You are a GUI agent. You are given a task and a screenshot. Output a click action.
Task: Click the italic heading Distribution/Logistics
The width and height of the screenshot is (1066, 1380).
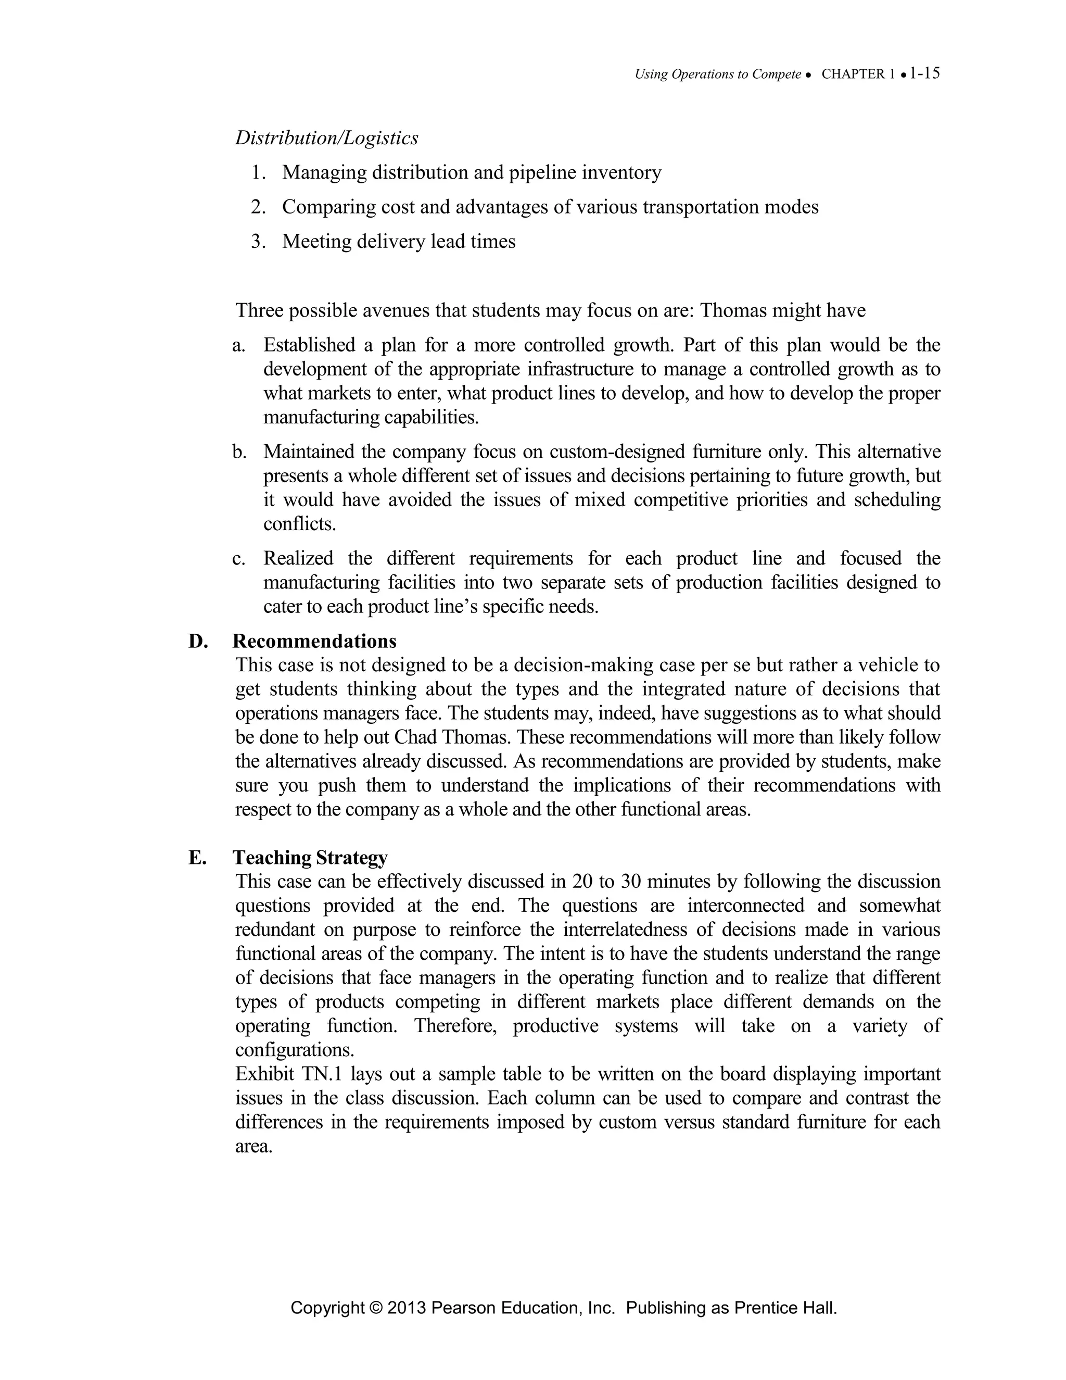[x=326, y=138]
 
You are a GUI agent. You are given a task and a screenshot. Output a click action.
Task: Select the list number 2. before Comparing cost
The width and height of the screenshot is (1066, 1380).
[x=258, y=207]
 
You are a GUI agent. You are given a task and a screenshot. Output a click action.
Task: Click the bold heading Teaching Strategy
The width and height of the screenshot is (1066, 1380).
[x=310, y=858]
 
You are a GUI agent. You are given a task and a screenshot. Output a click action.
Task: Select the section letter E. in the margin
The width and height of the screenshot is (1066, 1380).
[x=197, y=858]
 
